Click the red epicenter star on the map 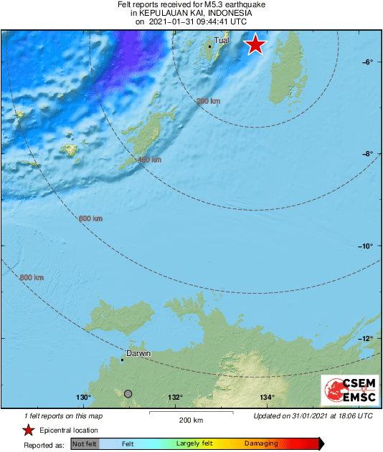point(255,45)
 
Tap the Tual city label point(222,41)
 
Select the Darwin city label point(138,354)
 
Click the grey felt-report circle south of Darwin point(128,393)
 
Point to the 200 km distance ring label point(208,102)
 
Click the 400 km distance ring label point(149,160)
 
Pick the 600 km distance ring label point(90,218)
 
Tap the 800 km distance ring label point(32,277)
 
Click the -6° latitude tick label point(367,62)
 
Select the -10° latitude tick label point(367,246)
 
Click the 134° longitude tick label point(268,398)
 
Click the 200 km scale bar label point(191,420)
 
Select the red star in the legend point(28,430)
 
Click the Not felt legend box point(85,444)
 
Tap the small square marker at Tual point(209,47)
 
